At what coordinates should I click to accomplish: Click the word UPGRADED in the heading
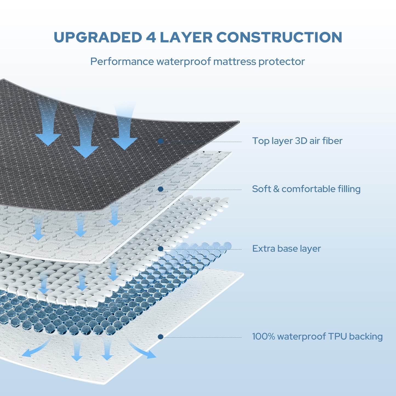(x=98, y=37)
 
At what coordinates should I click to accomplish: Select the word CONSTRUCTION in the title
(x=279, y=37)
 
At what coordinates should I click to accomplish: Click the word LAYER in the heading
(x=186, y=37)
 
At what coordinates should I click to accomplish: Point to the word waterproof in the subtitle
(x=184, y=61)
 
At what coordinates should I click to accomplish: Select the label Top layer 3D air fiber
(x=297, y=141)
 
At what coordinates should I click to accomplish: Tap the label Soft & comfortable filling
(x=306, y=189)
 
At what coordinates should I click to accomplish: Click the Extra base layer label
(x=286, y=249)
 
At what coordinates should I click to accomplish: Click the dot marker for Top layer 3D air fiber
(x=161, y=141)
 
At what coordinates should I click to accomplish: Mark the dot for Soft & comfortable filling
(x=161, y=189)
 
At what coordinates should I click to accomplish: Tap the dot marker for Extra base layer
(x=161, y=249)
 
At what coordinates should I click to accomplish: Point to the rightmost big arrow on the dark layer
(x=124, y=127)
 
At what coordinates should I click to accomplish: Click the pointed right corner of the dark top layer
(x=239, y=122)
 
